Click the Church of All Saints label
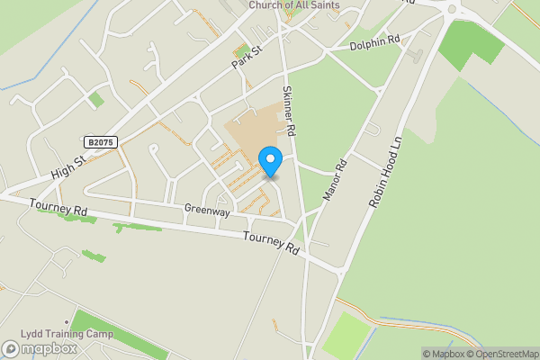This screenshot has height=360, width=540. [294, 5]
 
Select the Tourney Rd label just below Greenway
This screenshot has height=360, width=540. [271, 241]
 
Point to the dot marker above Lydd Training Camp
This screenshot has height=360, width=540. [66, 322]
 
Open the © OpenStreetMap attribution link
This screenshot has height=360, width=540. [501, 354]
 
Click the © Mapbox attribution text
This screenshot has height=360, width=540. [442, 354]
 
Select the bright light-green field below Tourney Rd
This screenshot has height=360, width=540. [346, 333]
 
